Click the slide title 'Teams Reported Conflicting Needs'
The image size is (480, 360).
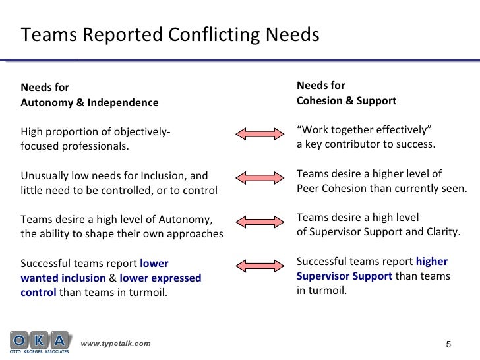(170, 34)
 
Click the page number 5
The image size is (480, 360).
(449, 344)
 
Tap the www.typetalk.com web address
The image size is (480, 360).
(115, 344)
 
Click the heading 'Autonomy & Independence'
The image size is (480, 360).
(90, 102)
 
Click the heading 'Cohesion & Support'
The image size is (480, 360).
(346, 101)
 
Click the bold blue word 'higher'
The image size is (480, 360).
(431, 262)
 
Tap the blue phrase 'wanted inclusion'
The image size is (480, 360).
(63, 278)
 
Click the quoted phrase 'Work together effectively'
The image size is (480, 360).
(365, 129)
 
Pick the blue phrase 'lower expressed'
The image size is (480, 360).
(161, 278)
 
